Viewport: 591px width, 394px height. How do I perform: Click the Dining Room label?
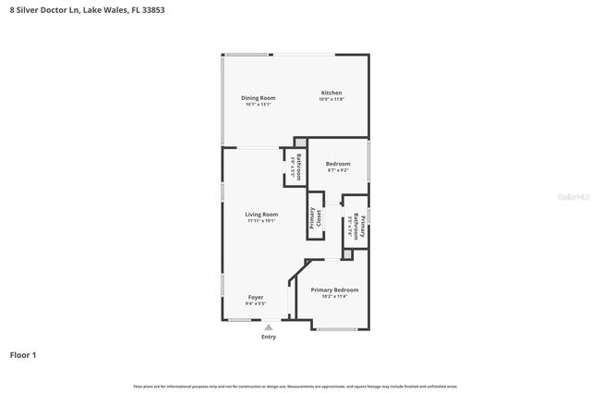click(259, 98)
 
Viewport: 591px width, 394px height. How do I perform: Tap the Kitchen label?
click(332, 92)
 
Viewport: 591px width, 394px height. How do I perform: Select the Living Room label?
click(261, 215)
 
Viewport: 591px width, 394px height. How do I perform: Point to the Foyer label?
click(256, 297)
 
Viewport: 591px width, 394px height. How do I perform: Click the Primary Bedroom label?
click(334, 289)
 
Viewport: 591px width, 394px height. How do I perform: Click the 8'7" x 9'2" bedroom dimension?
click(338, 170)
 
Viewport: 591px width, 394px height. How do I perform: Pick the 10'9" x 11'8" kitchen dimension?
click(332, 99)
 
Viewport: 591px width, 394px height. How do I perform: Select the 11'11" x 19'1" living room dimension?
click(261, 221)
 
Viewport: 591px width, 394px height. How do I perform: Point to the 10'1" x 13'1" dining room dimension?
click(259, 105)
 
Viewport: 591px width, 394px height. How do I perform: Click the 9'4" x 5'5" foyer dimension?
click(256, 303)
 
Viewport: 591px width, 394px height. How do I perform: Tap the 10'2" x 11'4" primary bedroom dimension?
click(334, 296)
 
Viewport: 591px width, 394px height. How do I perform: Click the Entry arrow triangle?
click(269, 326)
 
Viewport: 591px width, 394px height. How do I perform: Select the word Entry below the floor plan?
click(269, 337)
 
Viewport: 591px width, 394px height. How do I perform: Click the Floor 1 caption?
click(23, 354)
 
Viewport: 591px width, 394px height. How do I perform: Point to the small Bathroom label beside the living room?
click(299, 167)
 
